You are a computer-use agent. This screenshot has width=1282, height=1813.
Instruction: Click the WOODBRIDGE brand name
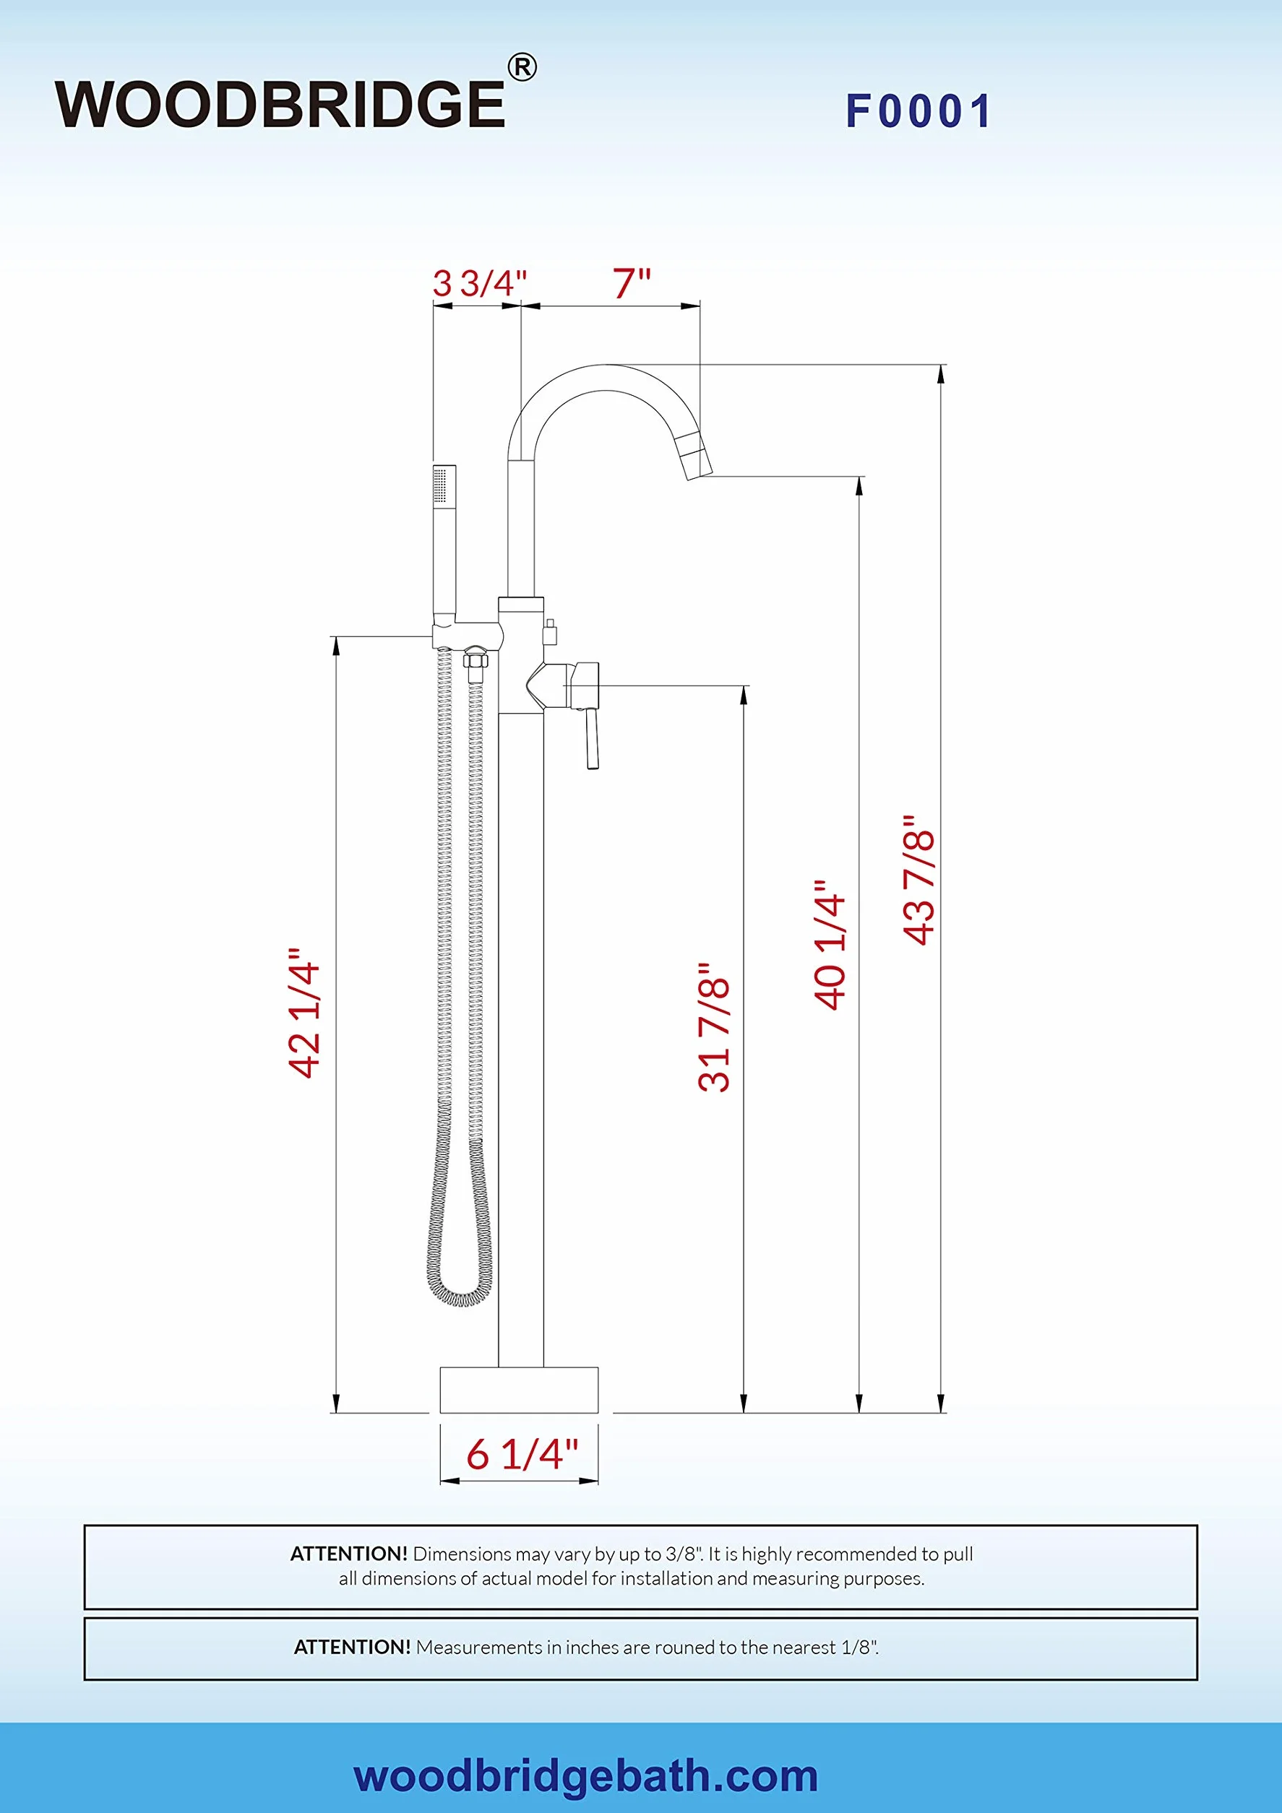pos(280,104)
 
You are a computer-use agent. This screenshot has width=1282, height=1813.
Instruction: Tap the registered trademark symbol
pos(522,68)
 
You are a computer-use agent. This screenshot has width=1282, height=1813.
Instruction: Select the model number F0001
pos(919,111)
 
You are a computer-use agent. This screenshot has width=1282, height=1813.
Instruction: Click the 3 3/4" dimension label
pos(479,282)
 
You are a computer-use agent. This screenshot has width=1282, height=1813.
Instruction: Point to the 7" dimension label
pos(632,282)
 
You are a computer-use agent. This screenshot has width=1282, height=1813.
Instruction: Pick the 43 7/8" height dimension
pos(919,880)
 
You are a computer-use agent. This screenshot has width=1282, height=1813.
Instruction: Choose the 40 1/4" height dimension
pos(830,943)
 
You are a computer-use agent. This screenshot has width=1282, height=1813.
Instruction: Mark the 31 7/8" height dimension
pos(715,1027)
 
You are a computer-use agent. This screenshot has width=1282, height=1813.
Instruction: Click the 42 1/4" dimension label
pos(304,1013)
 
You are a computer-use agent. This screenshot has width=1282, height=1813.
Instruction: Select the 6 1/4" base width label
pos(522,1455)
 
